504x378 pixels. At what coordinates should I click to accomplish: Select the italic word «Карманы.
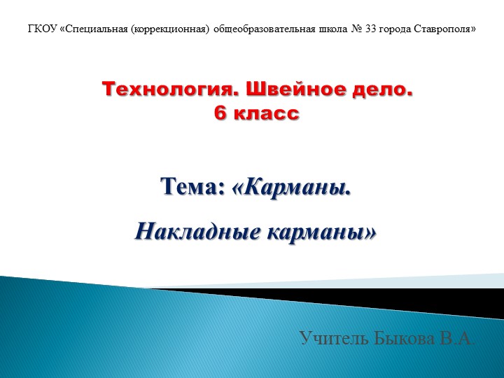point(290,188)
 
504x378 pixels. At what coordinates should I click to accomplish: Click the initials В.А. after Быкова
point(458,339)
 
